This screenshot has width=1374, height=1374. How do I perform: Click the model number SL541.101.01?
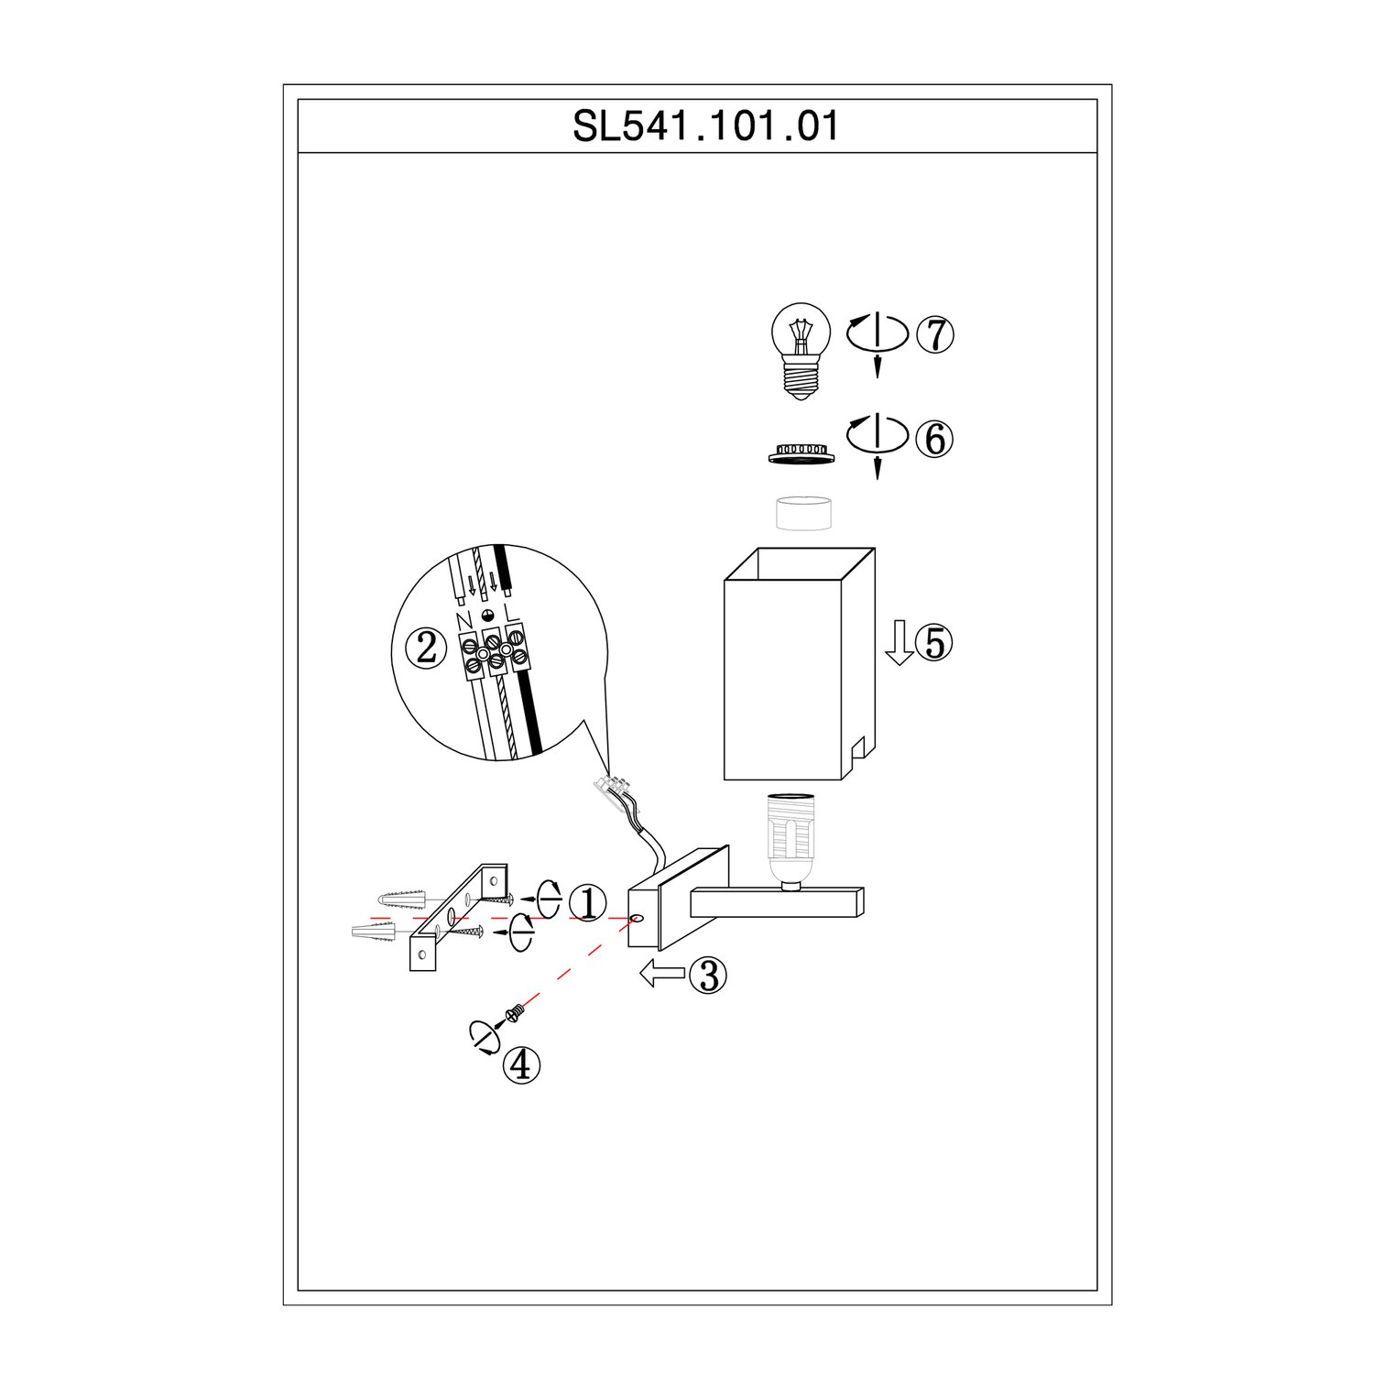tap(705, 126)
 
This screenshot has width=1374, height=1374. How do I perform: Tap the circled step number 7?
tap(935, 335)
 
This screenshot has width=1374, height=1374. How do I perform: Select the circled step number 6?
tap(935, 439)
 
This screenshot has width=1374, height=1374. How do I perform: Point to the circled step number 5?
tap(934, 643)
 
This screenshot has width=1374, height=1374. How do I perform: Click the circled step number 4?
tap(522, 1065)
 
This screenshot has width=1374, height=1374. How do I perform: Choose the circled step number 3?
tap(708, 976)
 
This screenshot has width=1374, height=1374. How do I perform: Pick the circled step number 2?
tap(427, 649)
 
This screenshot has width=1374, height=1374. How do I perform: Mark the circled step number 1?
tap(588, 903)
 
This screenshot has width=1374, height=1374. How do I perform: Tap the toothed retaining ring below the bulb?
tap(801, 454)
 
